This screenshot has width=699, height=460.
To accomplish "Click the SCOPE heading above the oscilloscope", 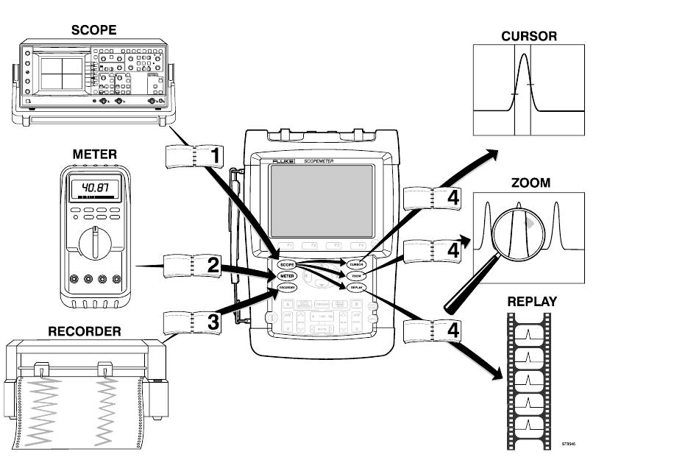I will point(93,30).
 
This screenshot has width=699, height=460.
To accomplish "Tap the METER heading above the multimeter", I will point(94,155).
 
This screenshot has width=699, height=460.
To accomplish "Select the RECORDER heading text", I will point(85,331).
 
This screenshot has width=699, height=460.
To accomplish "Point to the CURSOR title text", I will point(529,35).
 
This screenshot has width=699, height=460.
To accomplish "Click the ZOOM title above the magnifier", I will point(529,183).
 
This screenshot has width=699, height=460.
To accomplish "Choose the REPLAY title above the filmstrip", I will point(532,302).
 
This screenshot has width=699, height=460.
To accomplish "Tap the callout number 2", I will point(213,265).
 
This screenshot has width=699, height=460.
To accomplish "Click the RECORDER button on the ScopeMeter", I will point(287,288).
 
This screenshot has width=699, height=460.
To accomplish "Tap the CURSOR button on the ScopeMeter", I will point(357,263).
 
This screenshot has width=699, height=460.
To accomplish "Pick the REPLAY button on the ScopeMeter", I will point(357,287).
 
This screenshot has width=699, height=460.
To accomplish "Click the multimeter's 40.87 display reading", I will point(95,188).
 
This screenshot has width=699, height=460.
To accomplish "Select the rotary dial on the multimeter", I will point(95,242).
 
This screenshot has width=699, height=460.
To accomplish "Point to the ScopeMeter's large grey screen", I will point(321,198).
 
